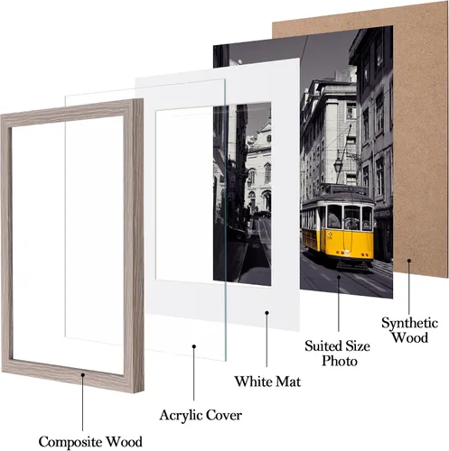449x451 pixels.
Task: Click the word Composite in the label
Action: (x=70, y=442)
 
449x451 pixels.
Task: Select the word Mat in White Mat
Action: (x=288, y=382)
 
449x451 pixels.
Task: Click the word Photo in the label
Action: (x=340, y=361)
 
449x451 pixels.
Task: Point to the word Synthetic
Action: (x=410, y=324)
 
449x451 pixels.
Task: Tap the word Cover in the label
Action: (x=224, y=415)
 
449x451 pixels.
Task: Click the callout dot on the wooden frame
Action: (x=82, y=374)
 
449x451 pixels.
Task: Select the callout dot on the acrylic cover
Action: (x=194, y=346)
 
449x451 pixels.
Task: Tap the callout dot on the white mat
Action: (x=267, y=313)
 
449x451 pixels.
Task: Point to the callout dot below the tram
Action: (x=339, y=277)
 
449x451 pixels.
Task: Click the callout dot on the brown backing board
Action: (x=409, y=261)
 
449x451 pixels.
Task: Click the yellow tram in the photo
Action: (x=338, y=228)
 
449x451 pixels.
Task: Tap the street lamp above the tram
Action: (x=339, y=164)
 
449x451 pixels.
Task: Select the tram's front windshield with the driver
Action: (x=351, y=218)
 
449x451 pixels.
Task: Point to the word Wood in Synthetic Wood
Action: (x=410, y=337)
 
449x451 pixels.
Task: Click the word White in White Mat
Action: (x=253, y=382)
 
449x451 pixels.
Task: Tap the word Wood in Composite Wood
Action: (x=125, y=442)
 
